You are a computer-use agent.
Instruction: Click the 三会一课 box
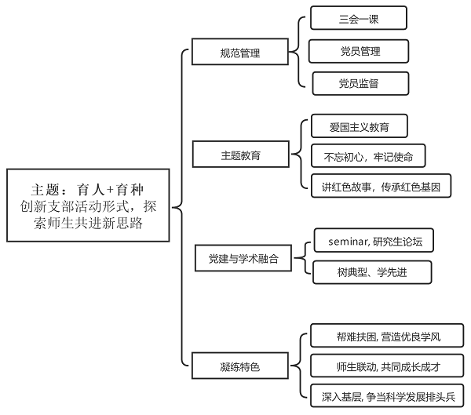click(358, 18)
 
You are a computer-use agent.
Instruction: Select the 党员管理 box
click(360, 51)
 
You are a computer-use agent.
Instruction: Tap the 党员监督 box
click(360, 82)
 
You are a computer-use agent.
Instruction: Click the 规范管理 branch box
click(239, 53)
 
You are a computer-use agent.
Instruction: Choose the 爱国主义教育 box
click(359, 126)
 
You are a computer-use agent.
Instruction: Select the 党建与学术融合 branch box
click(243, 257)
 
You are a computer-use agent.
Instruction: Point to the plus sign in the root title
click(111, 190)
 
